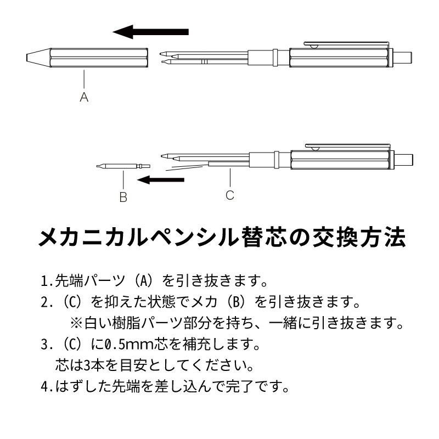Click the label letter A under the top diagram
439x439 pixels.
[84, 98]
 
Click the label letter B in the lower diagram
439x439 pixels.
[123, 197]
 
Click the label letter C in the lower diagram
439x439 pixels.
[230, 195]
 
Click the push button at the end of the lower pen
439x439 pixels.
[405, 159]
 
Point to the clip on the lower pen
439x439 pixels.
[346, 146]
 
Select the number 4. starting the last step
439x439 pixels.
[47, 386]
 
